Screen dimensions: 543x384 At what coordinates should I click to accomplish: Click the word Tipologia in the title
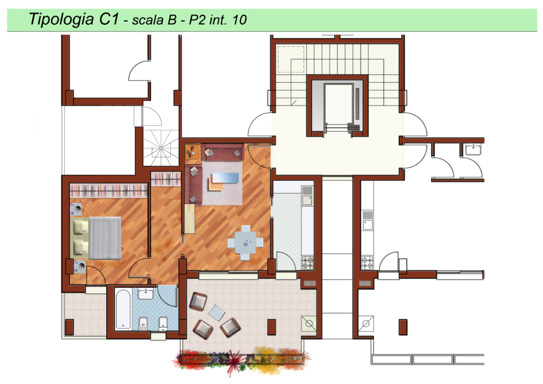pos(61,20)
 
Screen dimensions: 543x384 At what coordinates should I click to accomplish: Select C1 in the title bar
pos(109,18)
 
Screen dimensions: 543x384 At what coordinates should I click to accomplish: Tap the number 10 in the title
pos(239,20)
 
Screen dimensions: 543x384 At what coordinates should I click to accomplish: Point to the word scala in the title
pos(147,20)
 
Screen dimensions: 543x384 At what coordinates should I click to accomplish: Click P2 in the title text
pos(197,20)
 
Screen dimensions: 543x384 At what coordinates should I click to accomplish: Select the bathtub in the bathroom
pos(123,309)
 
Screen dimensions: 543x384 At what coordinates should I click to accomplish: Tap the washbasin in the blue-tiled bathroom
pos(146,294)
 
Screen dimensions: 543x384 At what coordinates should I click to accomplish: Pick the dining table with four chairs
pos(245,243)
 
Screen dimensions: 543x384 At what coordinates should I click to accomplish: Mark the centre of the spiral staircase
pos(161,148)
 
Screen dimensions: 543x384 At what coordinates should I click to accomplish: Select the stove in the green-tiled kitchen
pos(307,263)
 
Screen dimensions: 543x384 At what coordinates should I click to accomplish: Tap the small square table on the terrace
pos(217,313)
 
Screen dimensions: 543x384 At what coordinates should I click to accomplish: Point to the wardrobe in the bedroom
pos(109,190)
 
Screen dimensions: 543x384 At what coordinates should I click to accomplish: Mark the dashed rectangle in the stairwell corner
pos(291,59)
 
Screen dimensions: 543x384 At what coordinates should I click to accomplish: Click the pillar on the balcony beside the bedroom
pos(70,327)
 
